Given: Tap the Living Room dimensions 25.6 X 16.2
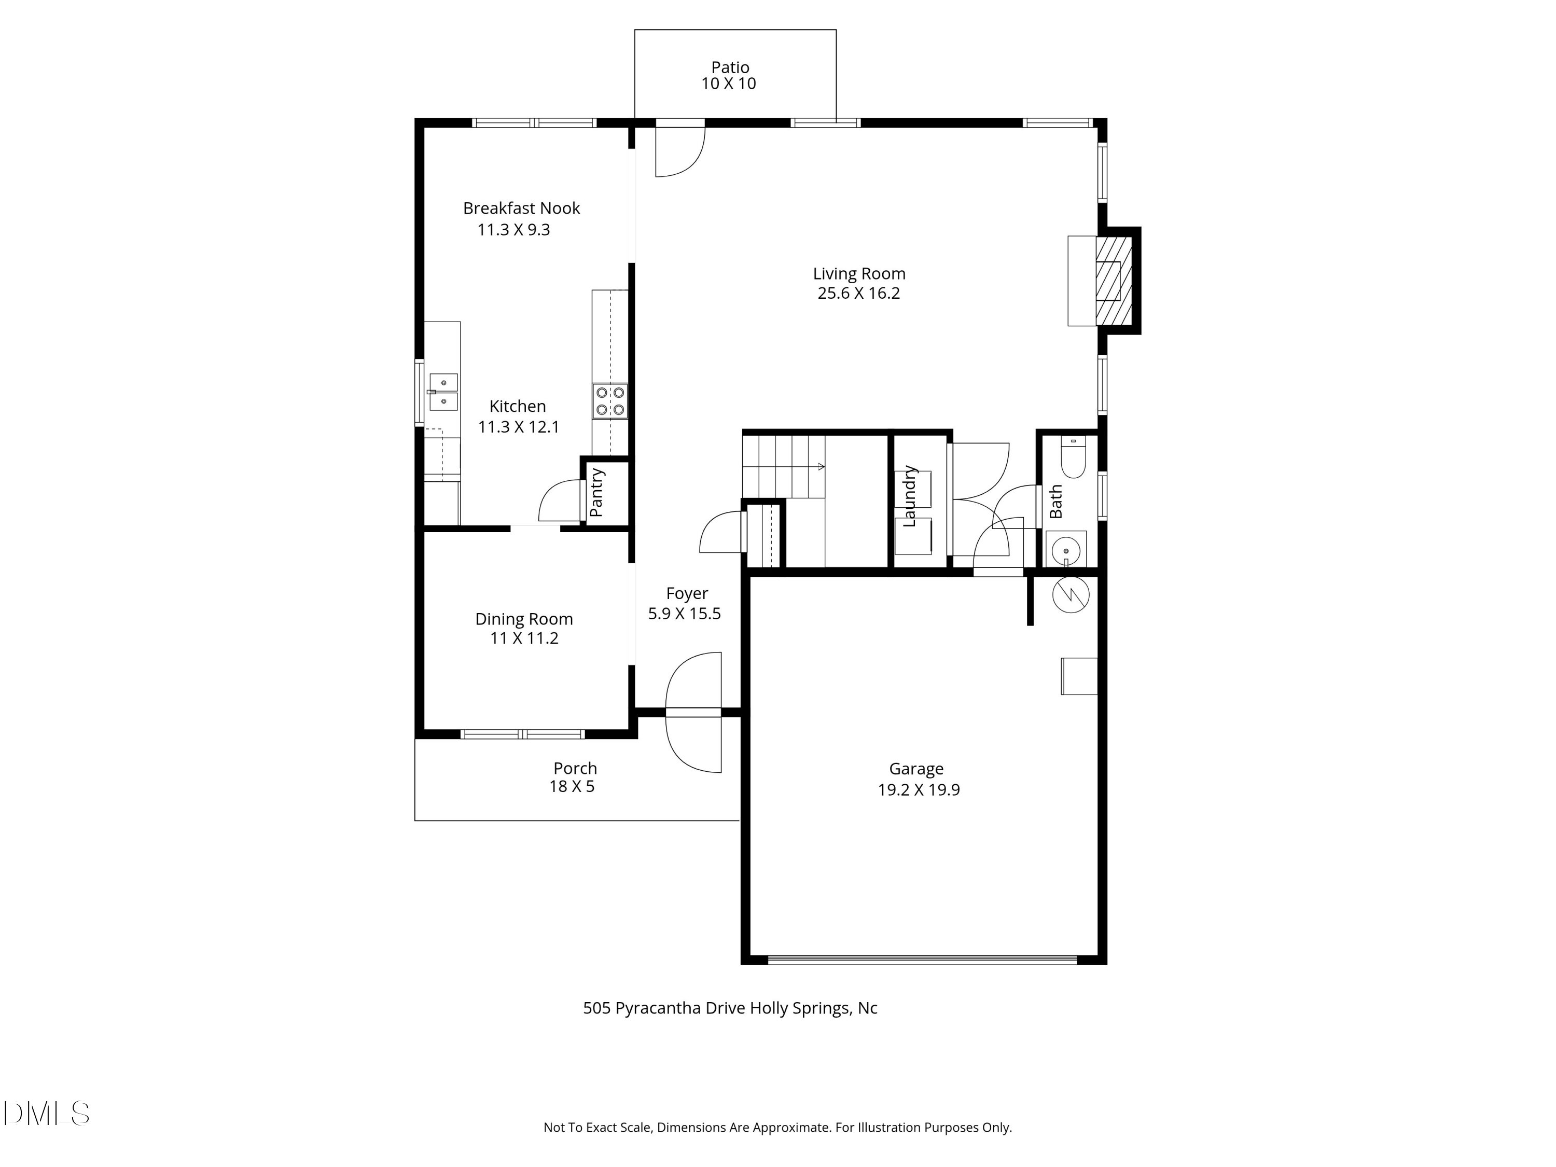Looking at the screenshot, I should [x=858, y=294].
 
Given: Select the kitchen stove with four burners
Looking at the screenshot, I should [x=610, y=401].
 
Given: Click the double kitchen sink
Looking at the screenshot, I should [x=443, y=392].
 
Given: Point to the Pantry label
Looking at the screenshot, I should [x=596, y=492].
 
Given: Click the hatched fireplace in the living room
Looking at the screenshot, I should [x=1114, y=281].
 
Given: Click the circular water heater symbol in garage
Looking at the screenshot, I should [x=1070, y=594].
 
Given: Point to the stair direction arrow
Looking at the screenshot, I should [x=819, y=466].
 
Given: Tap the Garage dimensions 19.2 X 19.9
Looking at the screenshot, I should [x=918, y=789].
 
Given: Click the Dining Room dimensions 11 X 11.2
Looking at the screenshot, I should [x=524, y=638].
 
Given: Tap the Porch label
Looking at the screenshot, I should [x=575, y=768].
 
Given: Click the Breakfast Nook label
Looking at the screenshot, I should [x=521, y=208].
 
